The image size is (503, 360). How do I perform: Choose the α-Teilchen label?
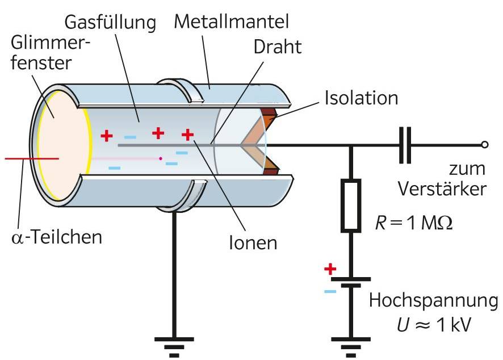coord(57,236)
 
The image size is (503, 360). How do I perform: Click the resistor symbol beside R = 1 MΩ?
coord(350,205)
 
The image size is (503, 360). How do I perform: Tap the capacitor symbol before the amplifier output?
coord(405,145)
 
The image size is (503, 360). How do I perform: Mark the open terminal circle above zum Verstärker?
coord(484,145)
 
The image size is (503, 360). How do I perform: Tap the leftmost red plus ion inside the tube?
coord(106,135)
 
